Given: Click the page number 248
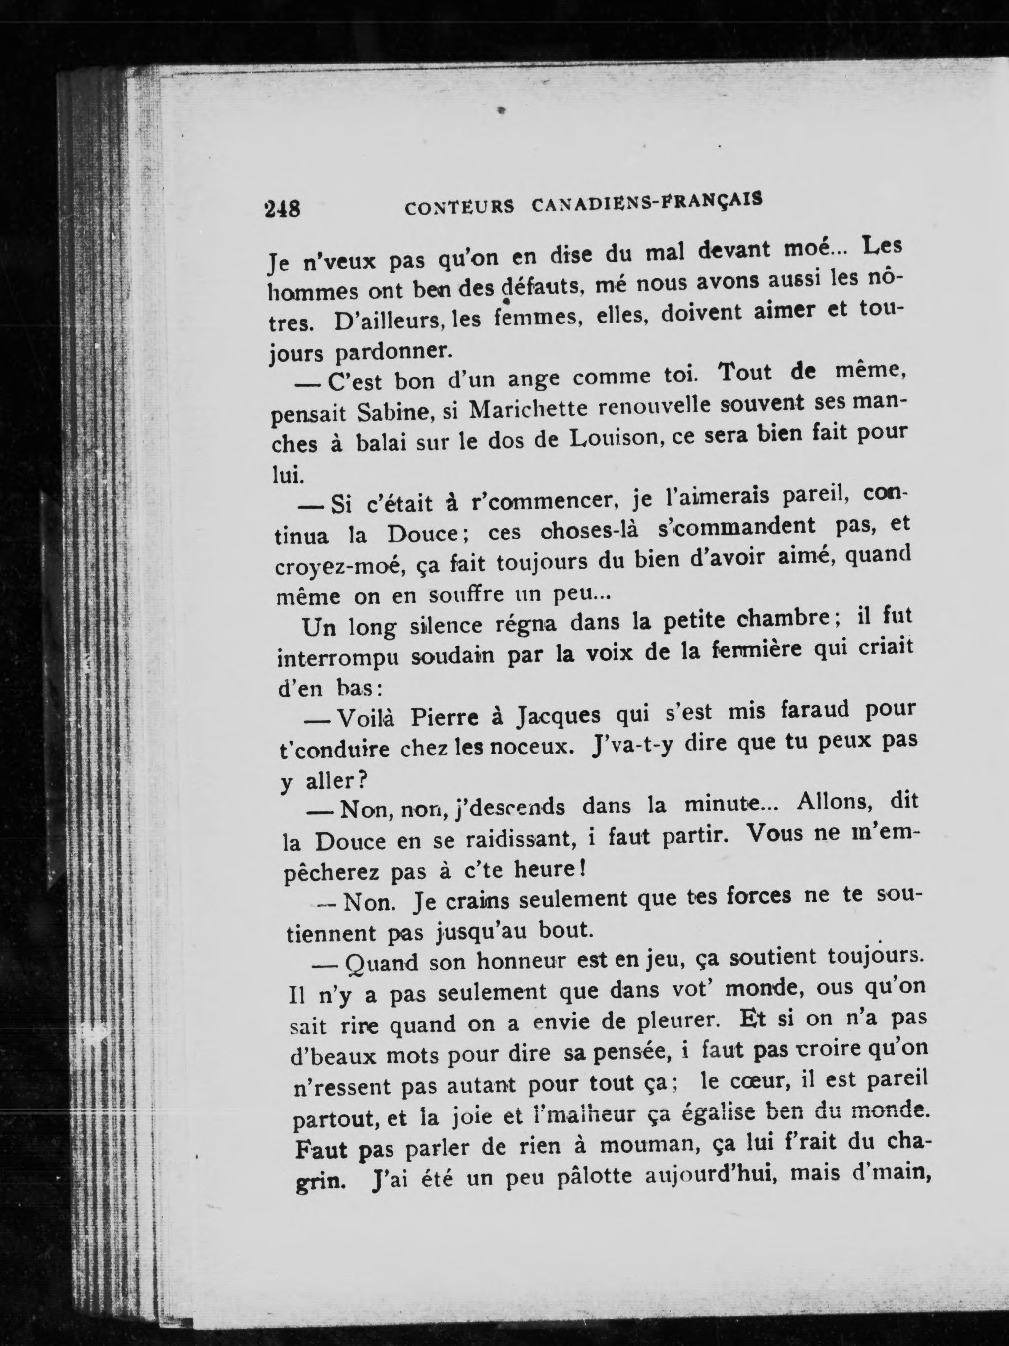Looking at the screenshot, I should (x=282, y=210).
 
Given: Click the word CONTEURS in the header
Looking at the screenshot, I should (x=459, y=208).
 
